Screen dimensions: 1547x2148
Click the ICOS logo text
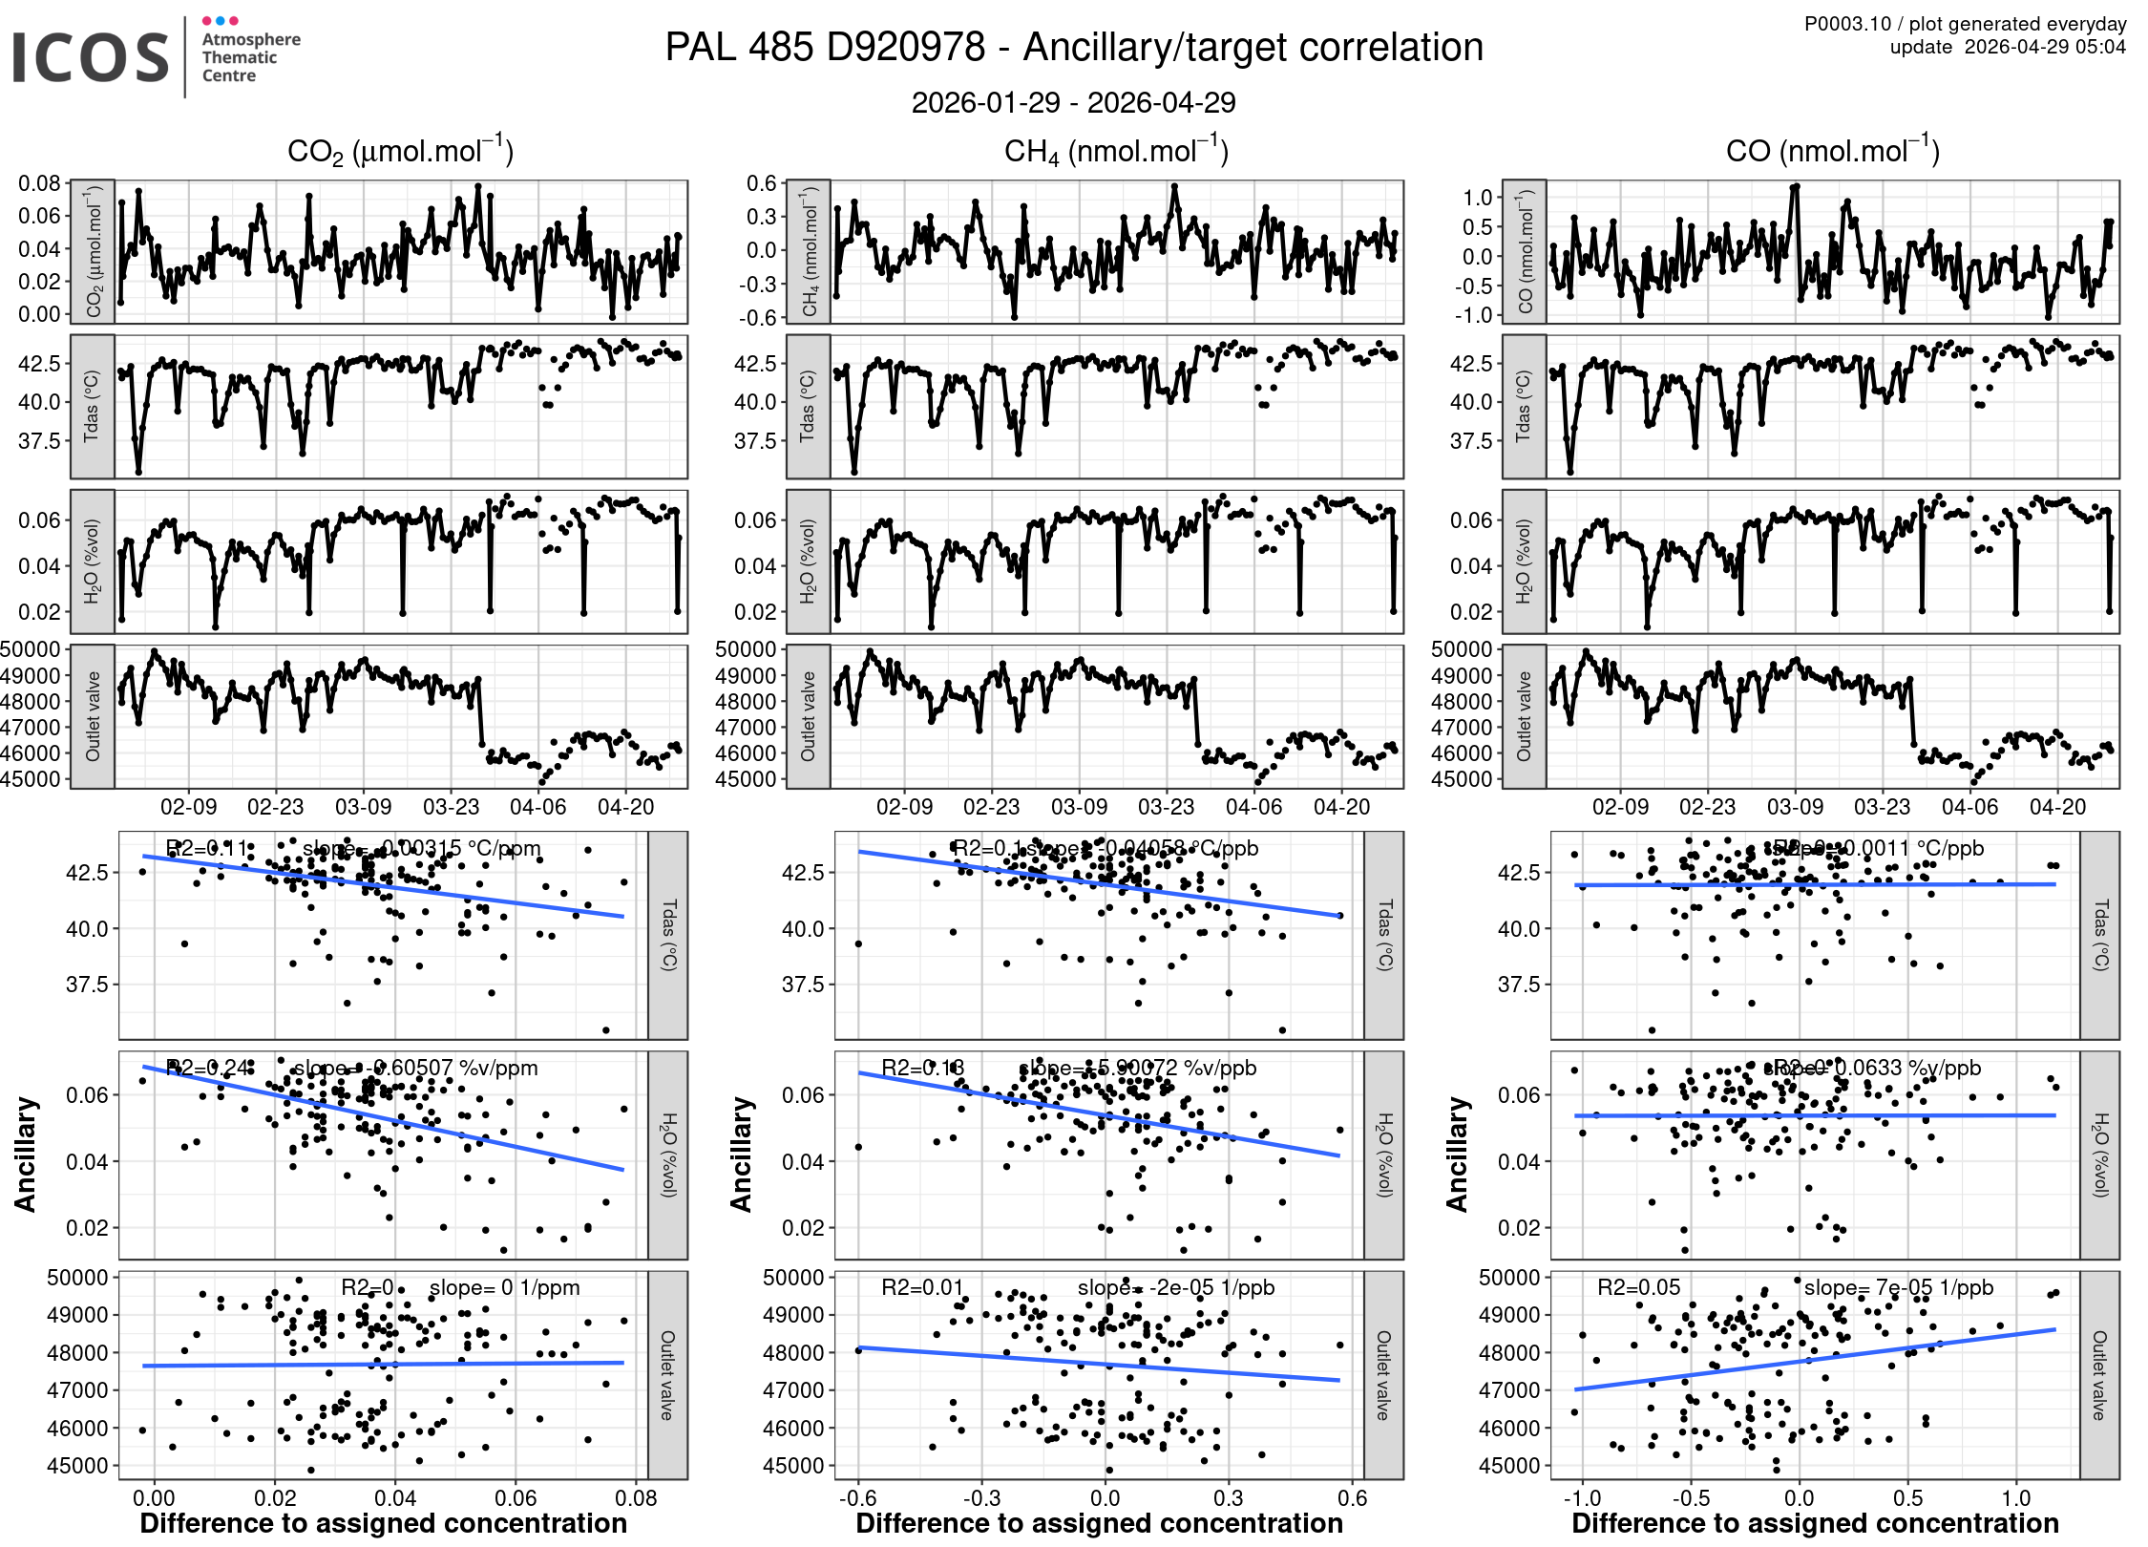[x=91, y=57]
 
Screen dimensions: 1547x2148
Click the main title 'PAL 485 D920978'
[x=825, y=48]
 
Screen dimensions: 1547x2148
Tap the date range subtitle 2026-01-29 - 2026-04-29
[x=1073, y=102]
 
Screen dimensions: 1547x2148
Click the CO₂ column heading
[x=400, y=152]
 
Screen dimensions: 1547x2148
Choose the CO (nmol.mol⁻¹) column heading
[x=1832, y=152]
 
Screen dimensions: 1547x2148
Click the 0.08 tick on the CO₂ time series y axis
[x=39, y=182]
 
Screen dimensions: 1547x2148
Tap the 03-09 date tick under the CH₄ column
[x=1079, y=807]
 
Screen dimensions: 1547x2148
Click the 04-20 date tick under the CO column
[x=2057, y=807]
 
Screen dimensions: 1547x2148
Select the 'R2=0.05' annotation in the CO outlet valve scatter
[x=1638, y=1287]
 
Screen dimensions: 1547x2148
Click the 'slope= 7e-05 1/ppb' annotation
[x=1898, y=1287]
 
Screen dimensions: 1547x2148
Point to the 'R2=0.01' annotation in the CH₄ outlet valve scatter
[x=922, y=1287]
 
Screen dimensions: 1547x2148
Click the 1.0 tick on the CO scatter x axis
[x=2016, y=1497]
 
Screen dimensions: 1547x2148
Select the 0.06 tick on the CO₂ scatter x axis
[x=516, y=1497]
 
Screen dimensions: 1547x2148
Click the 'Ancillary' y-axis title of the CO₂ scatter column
[x=26, y=1155]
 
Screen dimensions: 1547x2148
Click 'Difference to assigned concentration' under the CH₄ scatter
[x=1099, y=1523]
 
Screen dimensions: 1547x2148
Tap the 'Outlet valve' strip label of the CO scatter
[x=2098, y=1375]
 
